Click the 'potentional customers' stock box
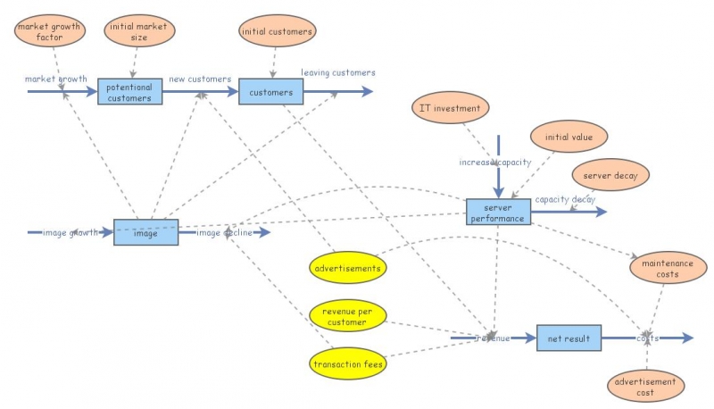pos(130,91)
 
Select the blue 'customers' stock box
pos(271,91)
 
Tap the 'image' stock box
pos(145,232)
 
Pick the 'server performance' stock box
pos(499,212)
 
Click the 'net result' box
pos(569,338)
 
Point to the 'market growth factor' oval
pos(48,32)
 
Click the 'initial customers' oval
pos(277,32)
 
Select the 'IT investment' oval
pos(451,109)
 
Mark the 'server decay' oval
pos(610,176)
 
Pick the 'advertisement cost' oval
pos(645,387)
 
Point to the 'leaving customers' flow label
pos(337,72)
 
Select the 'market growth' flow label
pos(55,79)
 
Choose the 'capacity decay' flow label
pos(565,199)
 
